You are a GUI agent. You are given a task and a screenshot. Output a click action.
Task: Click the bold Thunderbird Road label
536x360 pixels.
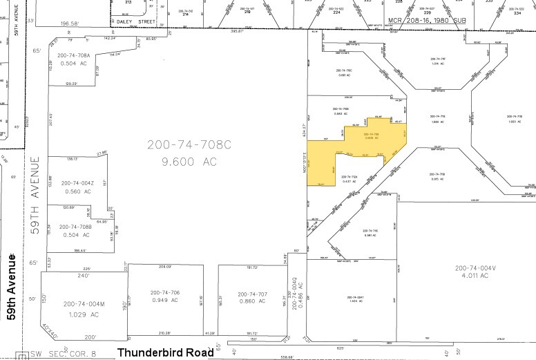pos(165,352)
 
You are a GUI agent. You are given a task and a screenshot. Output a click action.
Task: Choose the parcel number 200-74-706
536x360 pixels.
pos(164,292)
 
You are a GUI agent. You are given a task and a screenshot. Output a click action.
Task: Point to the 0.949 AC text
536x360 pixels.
pos(164,301)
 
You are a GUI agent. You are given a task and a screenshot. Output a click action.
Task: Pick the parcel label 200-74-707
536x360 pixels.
pos(251,294)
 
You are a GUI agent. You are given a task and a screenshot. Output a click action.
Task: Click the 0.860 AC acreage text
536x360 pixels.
pos(251,303)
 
